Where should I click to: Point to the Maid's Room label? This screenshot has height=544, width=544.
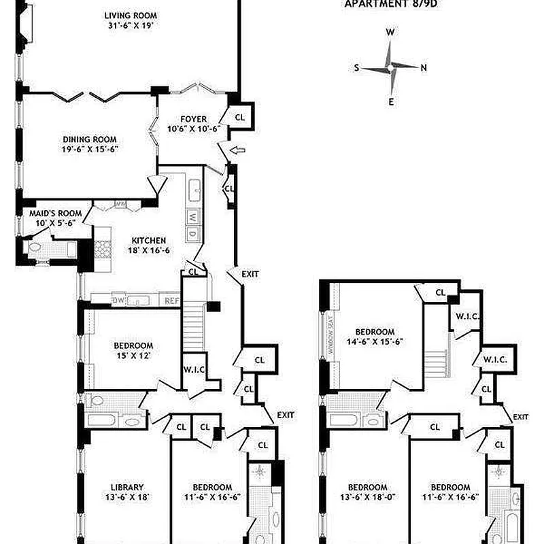tap(55, 213)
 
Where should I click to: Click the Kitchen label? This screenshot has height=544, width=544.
tap(148, 240)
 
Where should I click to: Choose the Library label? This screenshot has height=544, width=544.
tap(127, 487)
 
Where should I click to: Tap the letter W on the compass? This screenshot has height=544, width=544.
tap(390, 32)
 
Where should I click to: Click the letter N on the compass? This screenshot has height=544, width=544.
tap(424, 67)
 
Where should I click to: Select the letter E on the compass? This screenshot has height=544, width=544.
tap(391, 102)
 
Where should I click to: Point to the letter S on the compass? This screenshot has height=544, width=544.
tap(356, 67)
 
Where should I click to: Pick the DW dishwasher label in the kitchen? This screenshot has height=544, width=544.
tap(118, 300)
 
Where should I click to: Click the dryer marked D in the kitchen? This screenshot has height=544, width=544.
tap(192, 234)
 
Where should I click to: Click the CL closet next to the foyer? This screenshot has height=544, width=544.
tap(239, 117)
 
